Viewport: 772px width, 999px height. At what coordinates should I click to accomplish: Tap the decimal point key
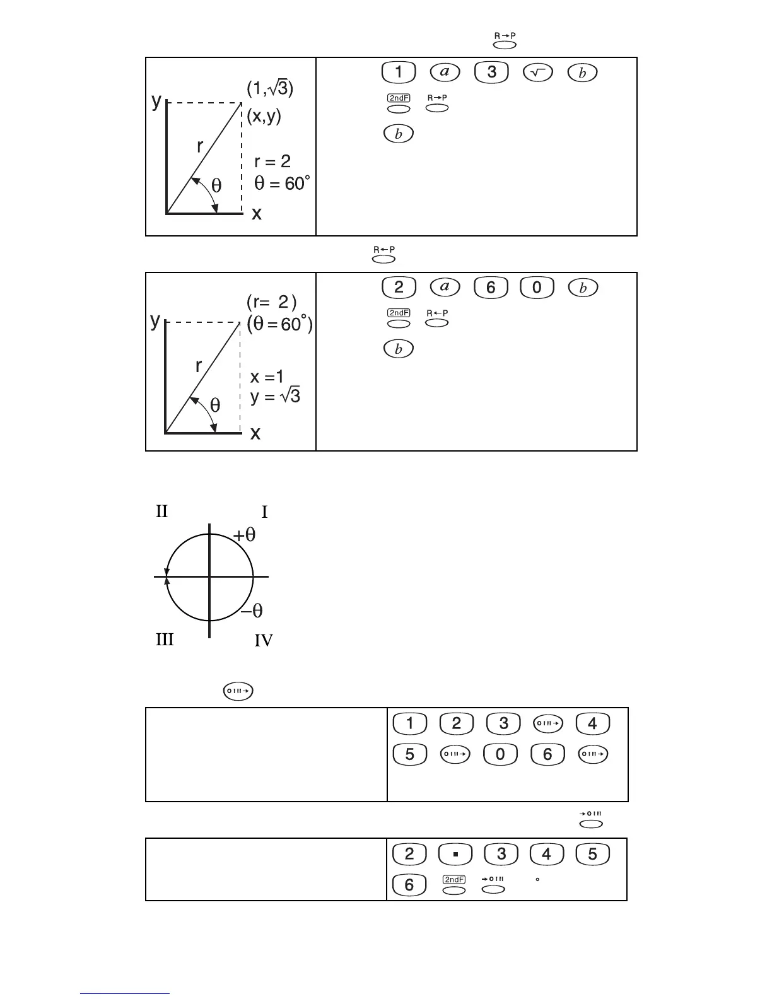click(x=455, y=855)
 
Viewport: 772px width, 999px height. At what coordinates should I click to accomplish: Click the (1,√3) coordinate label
click(x=270, y=89)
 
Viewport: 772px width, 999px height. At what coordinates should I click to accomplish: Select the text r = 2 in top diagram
click(x=272, y=161)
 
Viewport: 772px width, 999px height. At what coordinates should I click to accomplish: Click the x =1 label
click(x=267, y=377)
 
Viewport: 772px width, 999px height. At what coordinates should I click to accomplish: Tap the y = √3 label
click(x=275, y=397)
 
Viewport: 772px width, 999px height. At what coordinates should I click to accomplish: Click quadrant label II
click(x=162, y=511)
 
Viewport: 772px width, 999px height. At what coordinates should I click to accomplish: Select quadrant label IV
click(x=264, y=641)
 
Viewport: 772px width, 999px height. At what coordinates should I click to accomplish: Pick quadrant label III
click(x=165, y=640)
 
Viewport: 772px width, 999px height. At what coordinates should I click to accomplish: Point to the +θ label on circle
click(x=245, y=535)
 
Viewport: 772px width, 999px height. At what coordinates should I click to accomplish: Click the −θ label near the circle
click(x=252, y=610)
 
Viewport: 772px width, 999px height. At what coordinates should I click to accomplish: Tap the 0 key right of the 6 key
click(x=536, y=288)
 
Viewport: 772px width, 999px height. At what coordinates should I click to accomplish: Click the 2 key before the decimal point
click(x=409, y=855)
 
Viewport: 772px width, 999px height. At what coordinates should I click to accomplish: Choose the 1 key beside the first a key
click(x=399, y=73)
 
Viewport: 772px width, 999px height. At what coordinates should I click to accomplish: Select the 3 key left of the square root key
click(x=491, y=73)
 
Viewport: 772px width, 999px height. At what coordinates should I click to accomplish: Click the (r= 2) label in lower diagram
click(x=272, y=302)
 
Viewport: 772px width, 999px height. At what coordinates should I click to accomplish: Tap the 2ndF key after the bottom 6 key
click(x=454, y=885)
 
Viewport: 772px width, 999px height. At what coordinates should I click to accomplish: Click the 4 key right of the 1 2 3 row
click(x=592, y=724)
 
